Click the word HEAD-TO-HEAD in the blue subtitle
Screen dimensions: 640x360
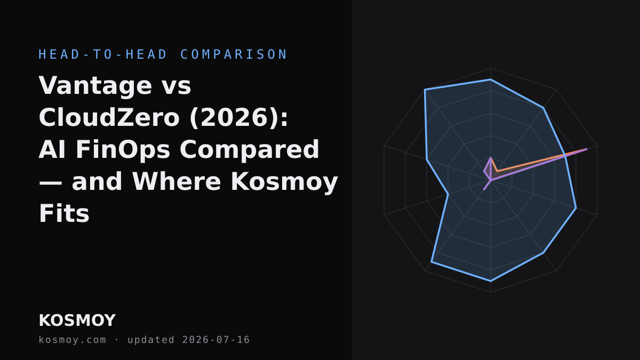pyautogui.click(x=103, y=54)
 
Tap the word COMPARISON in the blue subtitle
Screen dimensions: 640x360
pyautogui.click(x=234, y=54)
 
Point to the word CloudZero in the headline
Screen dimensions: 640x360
pyautogui.click(x=109, y=117)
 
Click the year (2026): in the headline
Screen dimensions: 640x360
pyautogui.click(x=238, y=118)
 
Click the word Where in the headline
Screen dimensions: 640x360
pyautogui.click(x=177, y=181)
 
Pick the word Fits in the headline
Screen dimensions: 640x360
pyautogui.click(x=64, y=213)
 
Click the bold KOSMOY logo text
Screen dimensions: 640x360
pyautogui.click(x=77, y=321)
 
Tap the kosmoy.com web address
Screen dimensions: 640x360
pyautogui.click(x=73, y=340)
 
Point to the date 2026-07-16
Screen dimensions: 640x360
pyautogui.click(x=216, y=340)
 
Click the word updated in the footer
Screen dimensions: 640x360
pyautogui.click(x=151, y=340)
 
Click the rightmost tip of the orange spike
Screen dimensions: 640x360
pyautogui.click(x=587, y=149)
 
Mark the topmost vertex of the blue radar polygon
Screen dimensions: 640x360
pyautogui.click(x=491, y=79)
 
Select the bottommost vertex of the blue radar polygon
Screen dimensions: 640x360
pyautogui.click(x=491, y=281)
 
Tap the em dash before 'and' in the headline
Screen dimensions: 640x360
pyautogui.click(x=50, y=183)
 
